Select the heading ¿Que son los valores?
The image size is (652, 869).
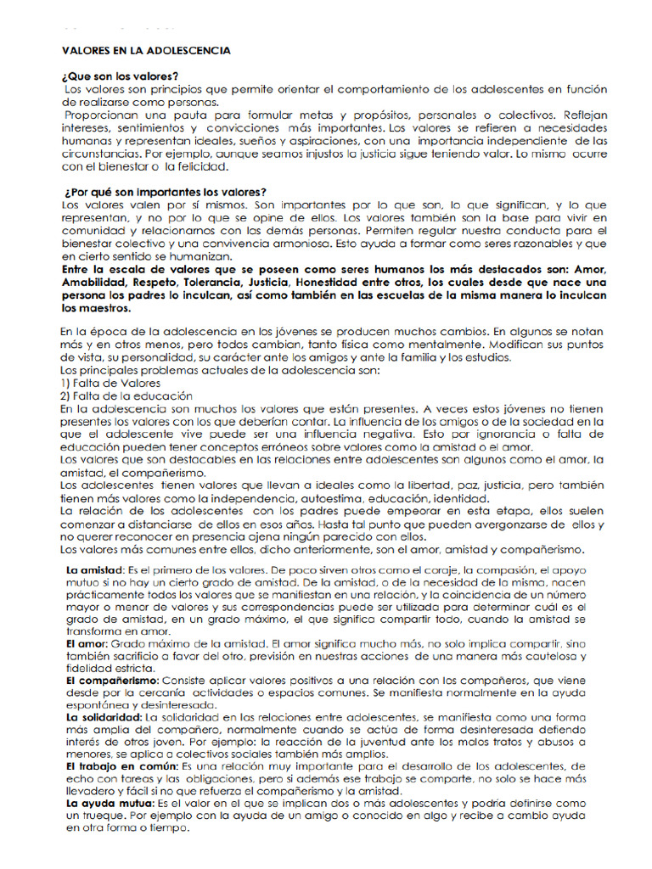120,76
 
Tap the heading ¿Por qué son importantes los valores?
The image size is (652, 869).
165,192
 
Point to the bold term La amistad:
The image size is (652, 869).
95,568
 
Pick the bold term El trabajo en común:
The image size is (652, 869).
118,766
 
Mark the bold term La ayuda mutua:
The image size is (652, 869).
106,803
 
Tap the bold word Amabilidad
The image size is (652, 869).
94,282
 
